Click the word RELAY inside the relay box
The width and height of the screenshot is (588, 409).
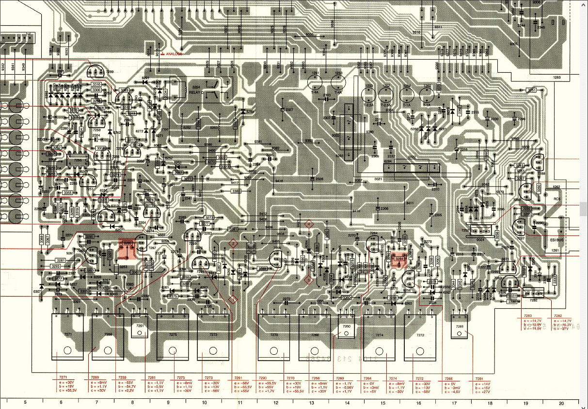195,92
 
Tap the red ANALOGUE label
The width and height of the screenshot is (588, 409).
174,54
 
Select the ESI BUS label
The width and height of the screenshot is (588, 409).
556,239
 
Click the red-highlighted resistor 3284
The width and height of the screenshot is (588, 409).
399,259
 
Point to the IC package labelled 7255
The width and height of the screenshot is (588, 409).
78,160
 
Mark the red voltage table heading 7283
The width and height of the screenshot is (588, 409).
528,315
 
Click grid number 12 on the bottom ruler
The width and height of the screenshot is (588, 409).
275,403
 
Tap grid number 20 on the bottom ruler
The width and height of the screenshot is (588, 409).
561,403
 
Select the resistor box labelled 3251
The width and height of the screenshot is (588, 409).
532,90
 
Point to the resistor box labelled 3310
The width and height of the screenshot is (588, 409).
96,84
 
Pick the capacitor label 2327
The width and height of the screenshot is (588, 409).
289,110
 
